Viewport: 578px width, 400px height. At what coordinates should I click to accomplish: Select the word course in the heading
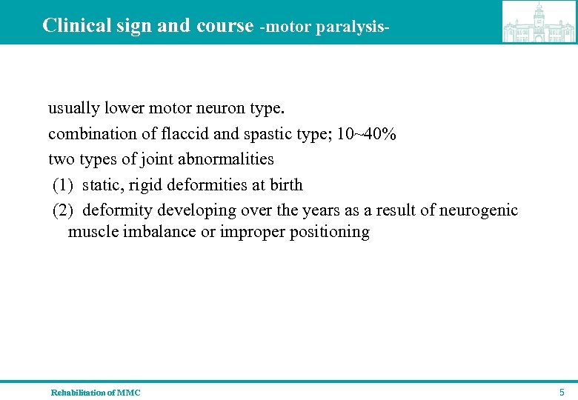tap(225, 25)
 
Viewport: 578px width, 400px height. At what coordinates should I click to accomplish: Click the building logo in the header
tap(539, 22)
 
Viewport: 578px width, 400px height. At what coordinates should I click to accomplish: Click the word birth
tap(287, 184)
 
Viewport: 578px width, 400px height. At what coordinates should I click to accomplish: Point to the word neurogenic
tap(479, 210)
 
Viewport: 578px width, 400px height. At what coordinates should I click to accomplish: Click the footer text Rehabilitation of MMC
tap(95, 393)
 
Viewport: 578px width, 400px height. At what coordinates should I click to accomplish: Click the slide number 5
tap(562, 392)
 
